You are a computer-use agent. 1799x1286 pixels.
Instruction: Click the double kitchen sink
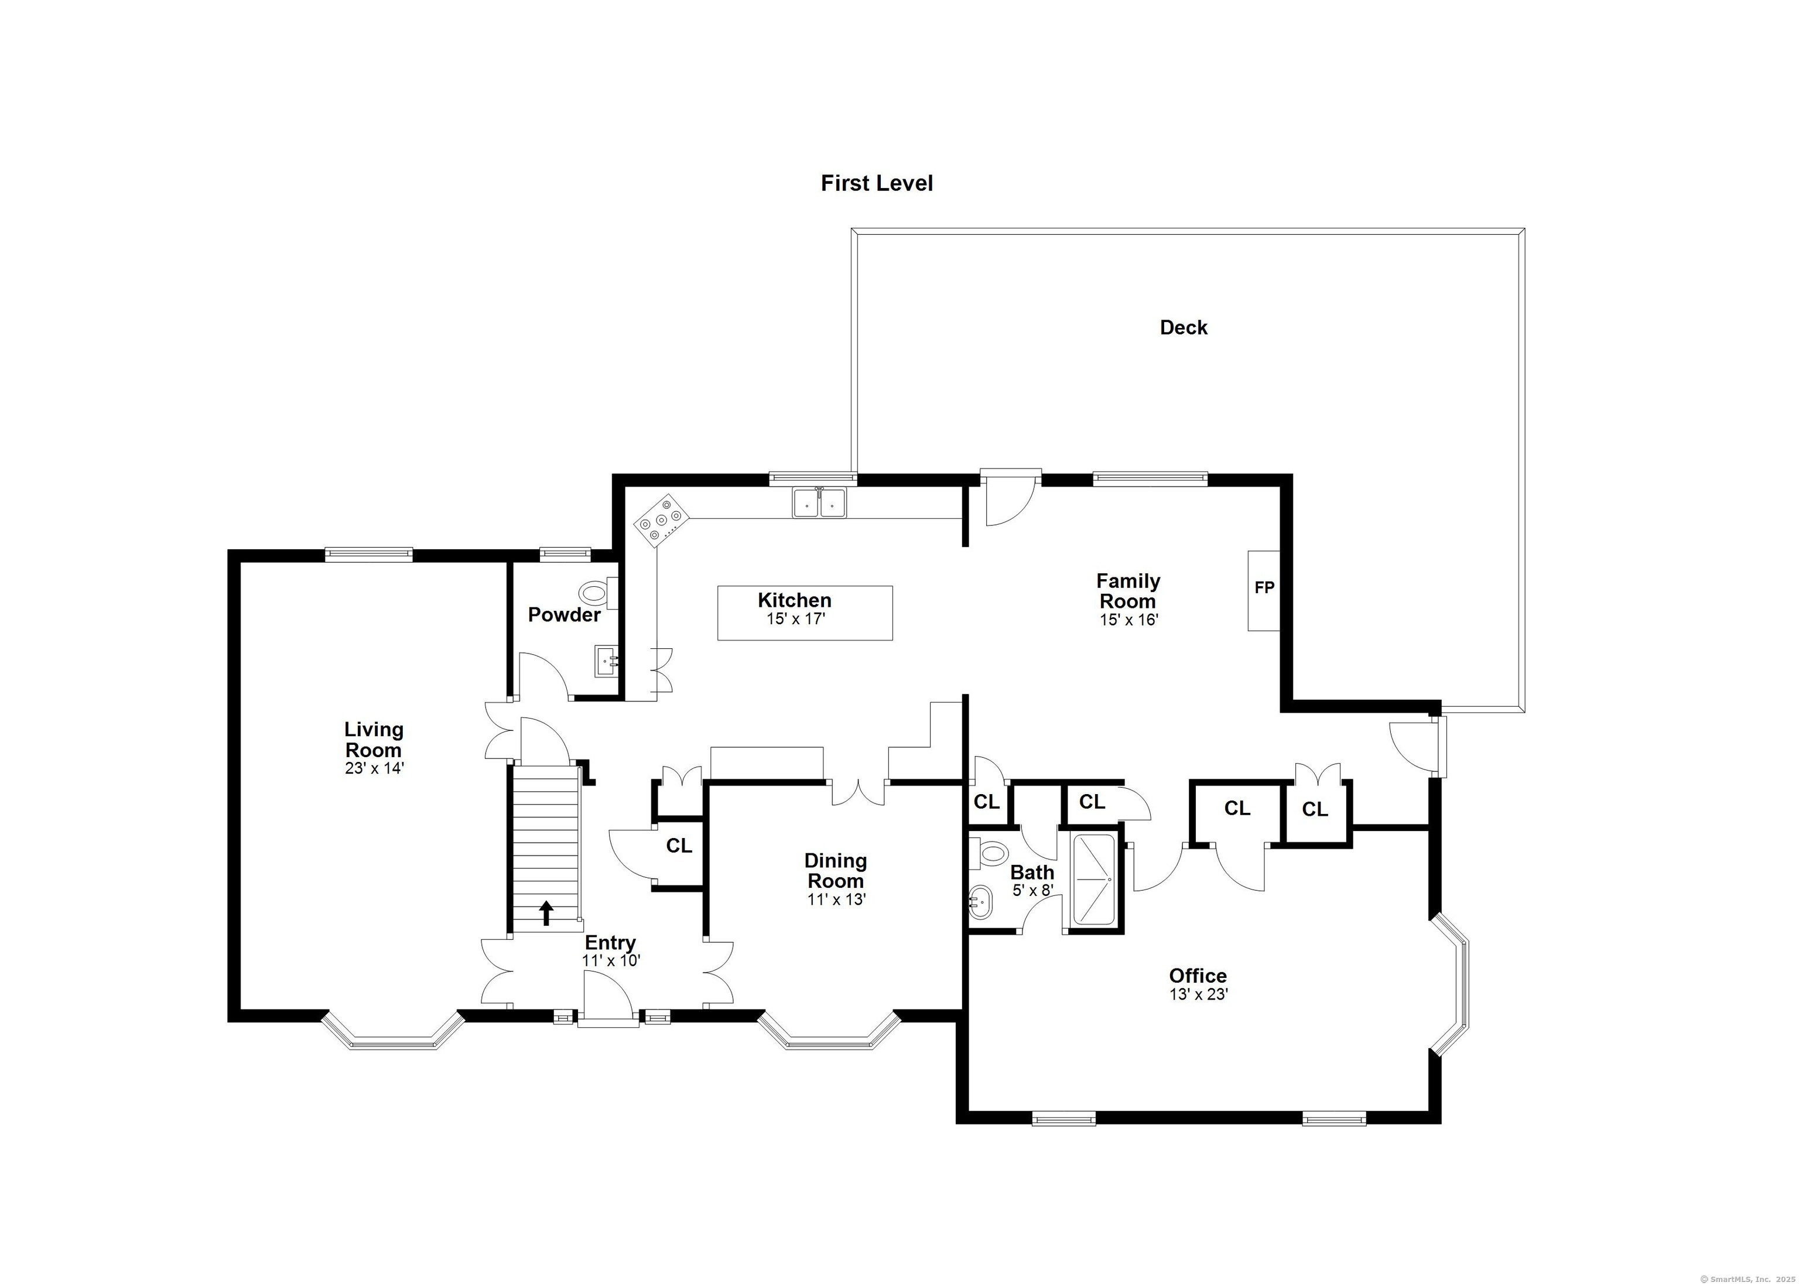819,503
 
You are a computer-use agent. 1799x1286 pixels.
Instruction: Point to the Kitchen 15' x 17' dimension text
795,619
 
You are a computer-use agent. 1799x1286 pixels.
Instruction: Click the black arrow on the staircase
546,912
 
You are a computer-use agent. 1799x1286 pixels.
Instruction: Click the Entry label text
610,942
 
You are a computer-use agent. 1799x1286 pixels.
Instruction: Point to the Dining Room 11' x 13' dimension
836,899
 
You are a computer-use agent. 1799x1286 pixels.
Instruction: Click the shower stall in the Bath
1095,878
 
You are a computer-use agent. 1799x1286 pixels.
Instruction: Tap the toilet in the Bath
990,853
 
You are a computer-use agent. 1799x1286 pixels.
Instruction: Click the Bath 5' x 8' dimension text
1032,890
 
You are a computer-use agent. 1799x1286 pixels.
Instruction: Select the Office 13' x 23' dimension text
1198,994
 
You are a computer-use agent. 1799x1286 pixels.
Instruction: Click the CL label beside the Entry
679,846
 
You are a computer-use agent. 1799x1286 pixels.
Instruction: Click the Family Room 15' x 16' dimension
1128,620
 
